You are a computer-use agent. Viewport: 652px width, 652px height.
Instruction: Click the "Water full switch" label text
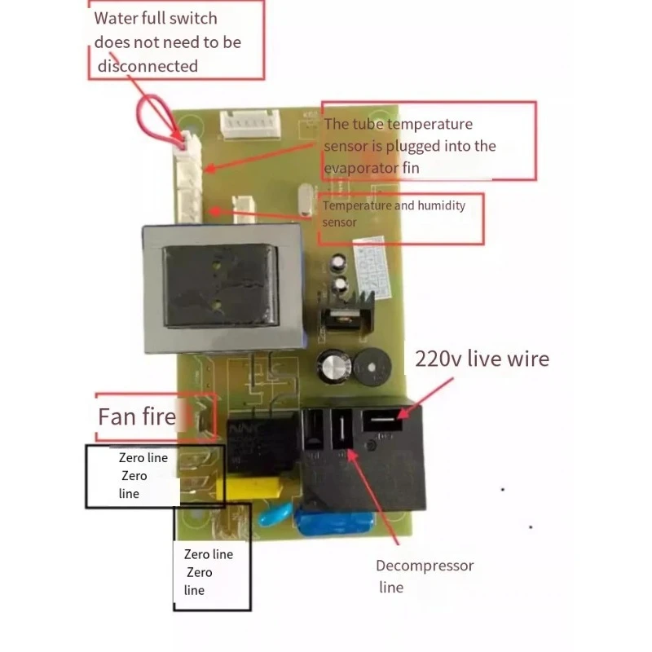pos(156,18)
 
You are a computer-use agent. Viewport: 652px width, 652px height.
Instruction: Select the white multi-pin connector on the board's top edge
pos(250,124)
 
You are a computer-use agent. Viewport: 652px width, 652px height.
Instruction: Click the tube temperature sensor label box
pos(429,140)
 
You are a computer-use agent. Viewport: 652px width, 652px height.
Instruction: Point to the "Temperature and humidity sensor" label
pos(394,214)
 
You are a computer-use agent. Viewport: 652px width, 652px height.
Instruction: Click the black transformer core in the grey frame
pos(220,286)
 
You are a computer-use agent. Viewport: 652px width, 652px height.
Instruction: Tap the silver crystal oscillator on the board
pos(306,200)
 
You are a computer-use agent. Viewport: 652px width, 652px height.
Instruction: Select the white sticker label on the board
pos(372,267)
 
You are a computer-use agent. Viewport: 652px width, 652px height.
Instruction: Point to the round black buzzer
pos(372,368)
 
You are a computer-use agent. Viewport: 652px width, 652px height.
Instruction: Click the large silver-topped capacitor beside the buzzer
pos(334,366)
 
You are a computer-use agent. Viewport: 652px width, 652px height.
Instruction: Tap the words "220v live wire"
pos(482,359)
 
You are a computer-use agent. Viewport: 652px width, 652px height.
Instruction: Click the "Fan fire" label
pos(137,416)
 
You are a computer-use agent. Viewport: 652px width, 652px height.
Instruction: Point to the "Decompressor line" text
pos(425,576)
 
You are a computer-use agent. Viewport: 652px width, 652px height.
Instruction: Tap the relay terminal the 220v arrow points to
pos(382,420)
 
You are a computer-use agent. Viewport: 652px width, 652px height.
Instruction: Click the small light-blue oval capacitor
pos(275,514)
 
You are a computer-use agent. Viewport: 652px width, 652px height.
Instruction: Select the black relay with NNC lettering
pos(261,445)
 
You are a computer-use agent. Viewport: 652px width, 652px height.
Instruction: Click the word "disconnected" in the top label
pos(148,66)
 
